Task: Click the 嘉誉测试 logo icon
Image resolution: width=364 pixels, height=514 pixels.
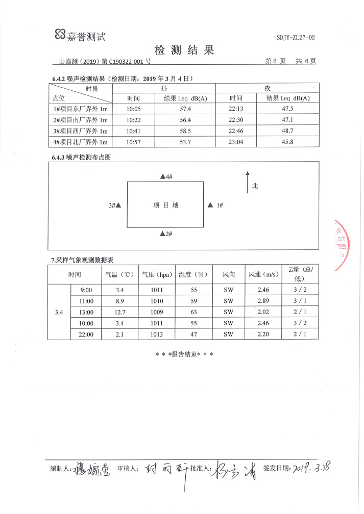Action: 60,35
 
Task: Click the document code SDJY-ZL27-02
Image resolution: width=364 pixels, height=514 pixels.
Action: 296,38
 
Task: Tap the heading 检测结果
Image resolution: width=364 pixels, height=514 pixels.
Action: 184,50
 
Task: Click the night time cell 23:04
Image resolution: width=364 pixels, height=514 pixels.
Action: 236,142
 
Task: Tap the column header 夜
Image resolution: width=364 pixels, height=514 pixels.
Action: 268,88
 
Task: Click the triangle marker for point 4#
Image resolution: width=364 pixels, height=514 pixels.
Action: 162,176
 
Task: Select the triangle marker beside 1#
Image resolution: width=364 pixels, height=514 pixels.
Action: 209,205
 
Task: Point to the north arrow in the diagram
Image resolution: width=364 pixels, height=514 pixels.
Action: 248,182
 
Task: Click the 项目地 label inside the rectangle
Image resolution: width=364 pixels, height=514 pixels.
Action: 166,205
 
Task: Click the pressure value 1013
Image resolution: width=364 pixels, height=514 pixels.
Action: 157,334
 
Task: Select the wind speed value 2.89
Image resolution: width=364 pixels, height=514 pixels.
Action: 263,301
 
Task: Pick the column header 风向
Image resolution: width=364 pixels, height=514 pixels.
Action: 229,274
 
